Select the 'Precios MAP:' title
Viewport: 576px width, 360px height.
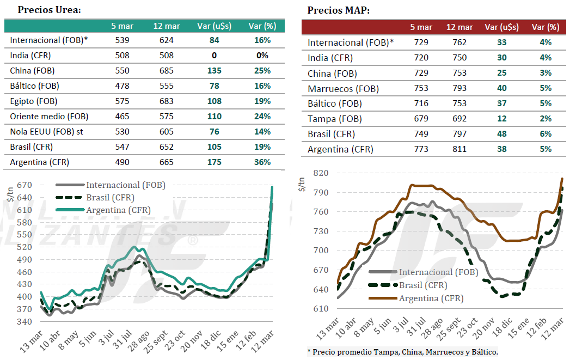[338, 10]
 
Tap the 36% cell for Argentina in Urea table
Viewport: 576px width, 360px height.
[262, 162]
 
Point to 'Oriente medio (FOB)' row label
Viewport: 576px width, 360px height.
[49, 116]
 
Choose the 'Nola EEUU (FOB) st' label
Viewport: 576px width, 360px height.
[47, 131]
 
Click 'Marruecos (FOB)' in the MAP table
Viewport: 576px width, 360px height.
[343, 88]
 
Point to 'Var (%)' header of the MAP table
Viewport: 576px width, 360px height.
[545, 27]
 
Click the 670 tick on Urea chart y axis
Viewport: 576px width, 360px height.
[24, 185]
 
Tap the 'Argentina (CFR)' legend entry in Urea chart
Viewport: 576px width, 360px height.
[118, 210]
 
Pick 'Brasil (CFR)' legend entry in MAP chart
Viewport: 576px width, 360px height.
[423, 285]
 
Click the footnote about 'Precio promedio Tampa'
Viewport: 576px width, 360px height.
[402, 351]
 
